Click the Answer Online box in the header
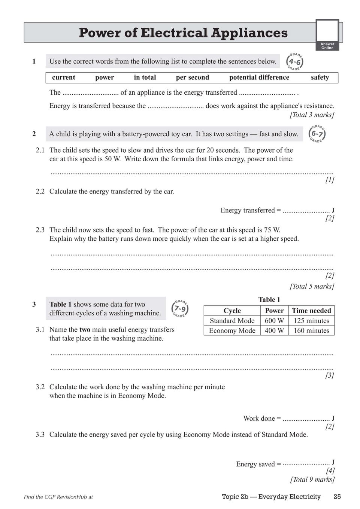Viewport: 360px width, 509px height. tap(327, 35)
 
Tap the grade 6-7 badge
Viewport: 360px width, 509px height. tap(317, 134)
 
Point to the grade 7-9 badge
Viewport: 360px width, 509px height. tap(180, 309)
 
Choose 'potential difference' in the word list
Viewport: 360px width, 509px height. tap(259, 77)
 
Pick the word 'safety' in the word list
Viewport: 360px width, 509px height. tap(320, 77)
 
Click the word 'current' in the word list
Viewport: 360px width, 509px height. tap(63, 77)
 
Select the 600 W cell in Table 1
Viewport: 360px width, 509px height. tap(274, 321)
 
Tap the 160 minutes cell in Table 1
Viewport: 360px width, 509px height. tap(311, 330)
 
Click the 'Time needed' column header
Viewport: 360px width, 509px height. tap(311, 311)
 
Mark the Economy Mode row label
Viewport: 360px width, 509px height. tap(232, 330)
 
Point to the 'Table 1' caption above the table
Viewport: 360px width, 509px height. tap(269, 300)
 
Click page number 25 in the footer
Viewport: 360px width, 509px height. tap(337, 497)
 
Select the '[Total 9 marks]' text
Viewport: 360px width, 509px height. tap(312, 479)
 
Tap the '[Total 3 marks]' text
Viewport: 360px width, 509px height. tap(312, 115)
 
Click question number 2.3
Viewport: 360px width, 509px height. tap(40, 230)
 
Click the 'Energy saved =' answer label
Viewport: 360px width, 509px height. tap(258, 464)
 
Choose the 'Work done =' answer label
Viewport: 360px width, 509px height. tap(262, 418)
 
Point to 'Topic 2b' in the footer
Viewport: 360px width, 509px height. tap(235, 497)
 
